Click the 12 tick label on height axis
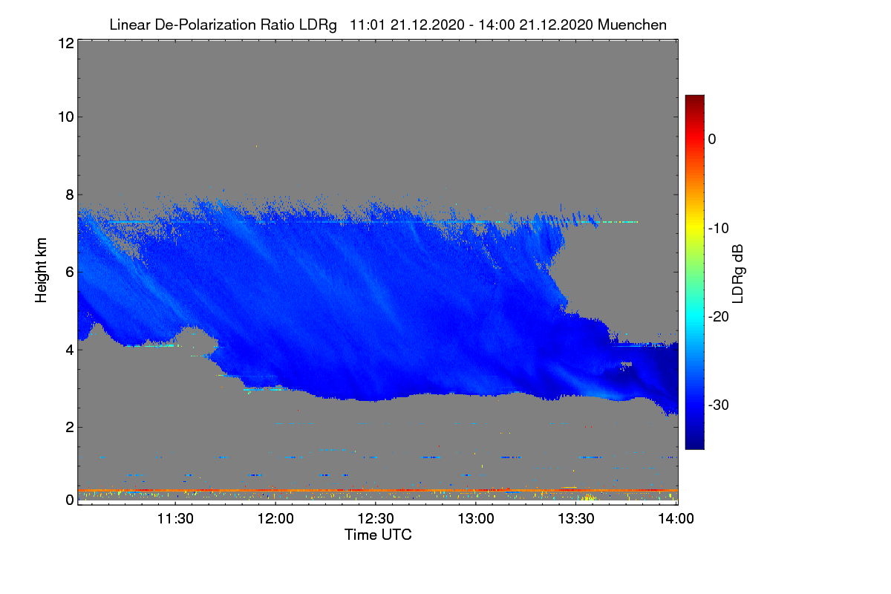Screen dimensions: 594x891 (65, 43)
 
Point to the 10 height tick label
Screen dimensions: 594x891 (65, 117)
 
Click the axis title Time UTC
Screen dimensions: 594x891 (378, 535)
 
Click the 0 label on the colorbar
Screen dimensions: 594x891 (712, 139)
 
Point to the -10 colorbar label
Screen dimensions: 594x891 (719, 228)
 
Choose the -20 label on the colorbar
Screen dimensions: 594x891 (719, 316)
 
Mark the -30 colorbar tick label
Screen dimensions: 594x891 (719, 405)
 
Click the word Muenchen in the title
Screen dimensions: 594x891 (632, 25)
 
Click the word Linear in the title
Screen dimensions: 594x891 (129, 25)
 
